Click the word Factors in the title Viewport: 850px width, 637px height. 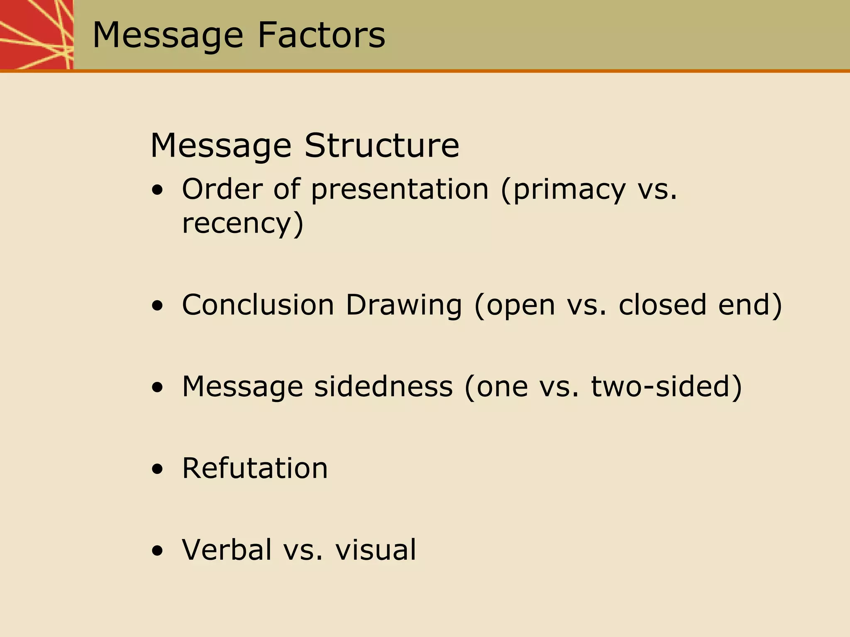[321, 35]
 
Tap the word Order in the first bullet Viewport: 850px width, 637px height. [222, 189]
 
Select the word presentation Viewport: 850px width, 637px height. [400, 190]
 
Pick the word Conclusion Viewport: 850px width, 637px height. [258, 305]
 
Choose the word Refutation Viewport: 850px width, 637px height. [255, 468]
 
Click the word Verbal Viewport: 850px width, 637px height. [227, 549]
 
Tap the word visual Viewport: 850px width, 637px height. [376, 549]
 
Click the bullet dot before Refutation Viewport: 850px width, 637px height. [157, 470]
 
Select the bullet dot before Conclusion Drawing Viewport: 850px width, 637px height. [157, 306]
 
